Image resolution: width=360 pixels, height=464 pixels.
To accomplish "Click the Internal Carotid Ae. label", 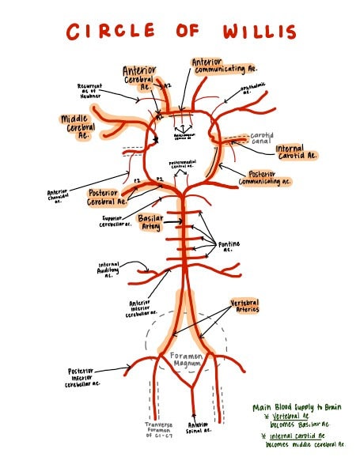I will (296, 152).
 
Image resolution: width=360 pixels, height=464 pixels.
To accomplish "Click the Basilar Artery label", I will (150, 221).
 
